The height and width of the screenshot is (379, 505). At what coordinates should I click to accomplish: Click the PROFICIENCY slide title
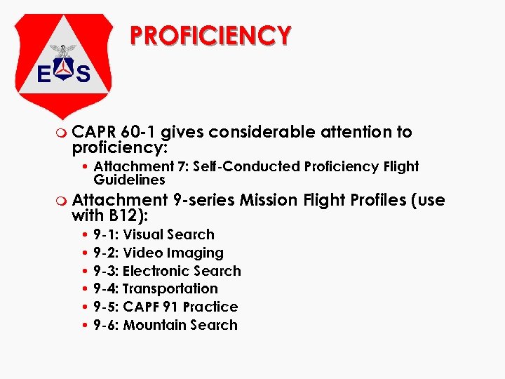(210, 35)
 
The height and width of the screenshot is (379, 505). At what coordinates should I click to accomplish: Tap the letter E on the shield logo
(43, 73)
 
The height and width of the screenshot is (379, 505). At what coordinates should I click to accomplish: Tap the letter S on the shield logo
(83, 73)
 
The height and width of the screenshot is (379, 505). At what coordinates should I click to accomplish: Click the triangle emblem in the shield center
(64, 72)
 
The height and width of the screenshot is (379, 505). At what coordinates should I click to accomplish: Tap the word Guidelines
(129, 180)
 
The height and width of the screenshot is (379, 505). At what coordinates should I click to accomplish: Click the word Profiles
(378, 200)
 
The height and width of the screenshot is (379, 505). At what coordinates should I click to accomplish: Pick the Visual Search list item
(154, 234)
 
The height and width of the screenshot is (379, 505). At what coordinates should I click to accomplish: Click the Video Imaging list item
(158, 253)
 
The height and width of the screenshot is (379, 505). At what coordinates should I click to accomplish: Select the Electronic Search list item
(167, 271)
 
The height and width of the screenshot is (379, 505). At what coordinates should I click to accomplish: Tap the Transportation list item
(155, 288)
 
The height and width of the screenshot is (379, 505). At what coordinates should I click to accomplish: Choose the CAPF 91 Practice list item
(166, 307)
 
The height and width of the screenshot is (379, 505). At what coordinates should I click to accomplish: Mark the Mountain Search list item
(166, 325)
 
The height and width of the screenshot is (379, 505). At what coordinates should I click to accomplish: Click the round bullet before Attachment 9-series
(63, 201)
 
